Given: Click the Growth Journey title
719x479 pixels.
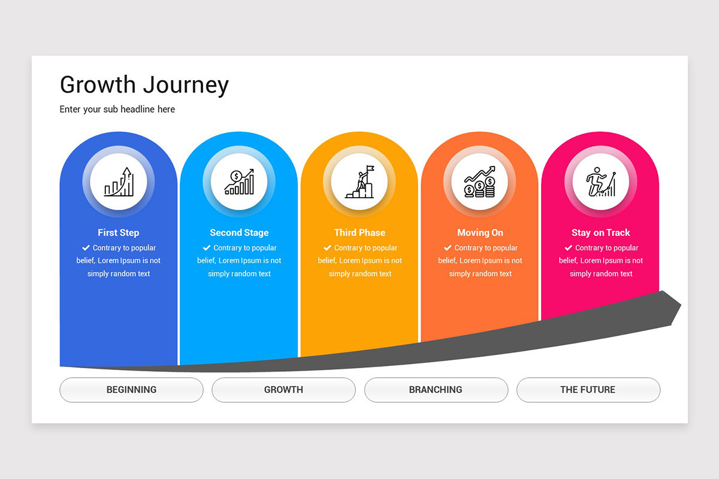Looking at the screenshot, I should [x=144, y=85].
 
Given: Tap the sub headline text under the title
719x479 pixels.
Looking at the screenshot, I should [x=117, y=109].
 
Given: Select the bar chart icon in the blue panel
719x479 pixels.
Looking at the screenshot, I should [x=119, y=182].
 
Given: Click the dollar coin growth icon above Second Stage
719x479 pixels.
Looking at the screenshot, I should [x=239, y=182].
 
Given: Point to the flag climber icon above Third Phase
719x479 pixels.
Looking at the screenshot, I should [x=359, y=182].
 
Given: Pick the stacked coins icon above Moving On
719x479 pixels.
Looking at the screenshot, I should [x=480, y=182].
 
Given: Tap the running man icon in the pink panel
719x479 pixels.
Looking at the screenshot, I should [x=600, y=182].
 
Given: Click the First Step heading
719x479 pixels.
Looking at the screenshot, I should [x=119, y=232].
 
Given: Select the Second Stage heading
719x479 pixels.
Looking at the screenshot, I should [x=239, y=232].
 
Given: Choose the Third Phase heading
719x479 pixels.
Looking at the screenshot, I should [x=359, y=232].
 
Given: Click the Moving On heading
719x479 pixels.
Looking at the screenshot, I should [x=480, y=232].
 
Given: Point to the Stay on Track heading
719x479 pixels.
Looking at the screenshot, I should [x=600, y=232].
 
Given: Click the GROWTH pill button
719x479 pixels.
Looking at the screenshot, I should [x=283, y=389].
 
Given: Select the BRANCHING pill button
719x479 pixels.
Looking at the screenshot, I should [x=436, y=389].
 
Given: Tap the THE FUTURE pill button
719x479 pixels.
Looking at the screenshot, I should [x=588, y=389].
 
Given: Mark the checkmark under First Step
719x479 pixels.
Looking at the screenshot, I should [x=86, y=247].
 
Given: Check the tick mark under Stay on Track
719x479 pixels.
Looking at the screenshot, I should [x=568, y=247].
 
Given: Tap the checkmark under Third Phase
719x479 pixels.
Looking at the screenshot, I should [x=327, y=247].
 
